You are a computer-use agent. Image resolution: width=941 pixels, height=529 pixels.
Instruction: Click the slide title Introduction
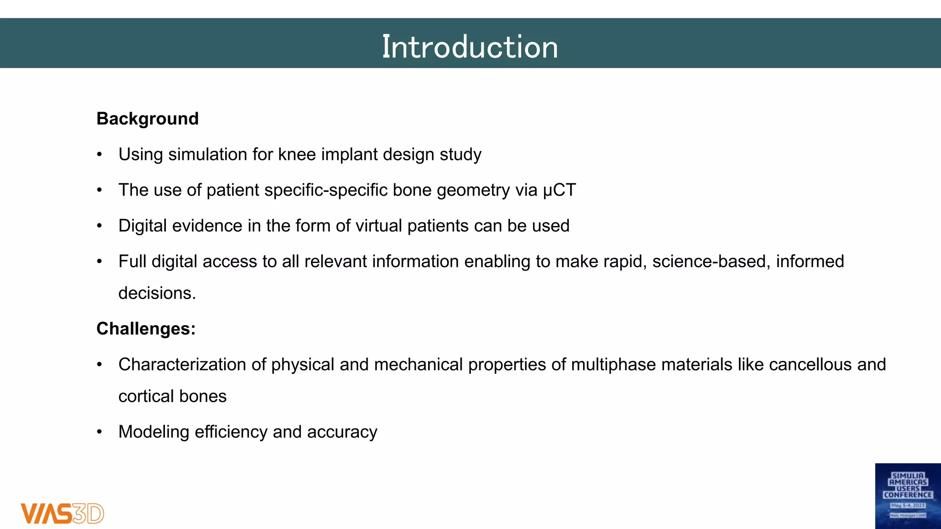[x=470, y=47]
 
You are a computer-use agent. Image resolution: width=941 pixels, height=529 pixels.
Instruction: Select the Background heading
[x=147, y=119]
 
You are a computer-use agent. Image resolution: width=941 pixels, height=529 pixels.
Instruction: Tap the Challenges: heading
[x=146, y=329]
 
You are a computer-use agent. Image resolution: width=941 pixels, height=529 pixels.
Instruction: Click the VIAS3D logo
[x=62, y=513]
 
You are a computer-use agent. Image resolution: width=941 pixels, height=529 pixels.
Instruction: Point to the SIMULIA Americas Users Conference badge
[x=907, y=496]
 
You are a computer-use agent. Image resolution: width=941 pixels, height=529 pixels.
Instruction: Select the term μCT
[x=559, y=190]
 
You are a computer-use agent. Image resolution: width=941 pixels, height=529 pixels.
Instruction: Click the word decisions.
[x=157, y=293]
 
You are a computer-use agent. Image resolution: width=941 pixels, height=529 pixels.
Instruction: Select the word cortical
[x=146, y=396]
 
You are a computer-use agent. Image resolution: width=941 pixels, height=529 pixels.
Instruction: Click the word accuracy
[x=342, y=432]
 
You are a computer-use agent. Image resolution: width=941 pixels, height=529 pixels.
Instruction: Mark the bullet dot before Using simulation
[x=99, y=155]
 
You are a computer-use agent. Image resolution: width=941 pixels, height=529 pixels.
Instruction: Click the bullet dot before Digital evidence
[x=99, y=226]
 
